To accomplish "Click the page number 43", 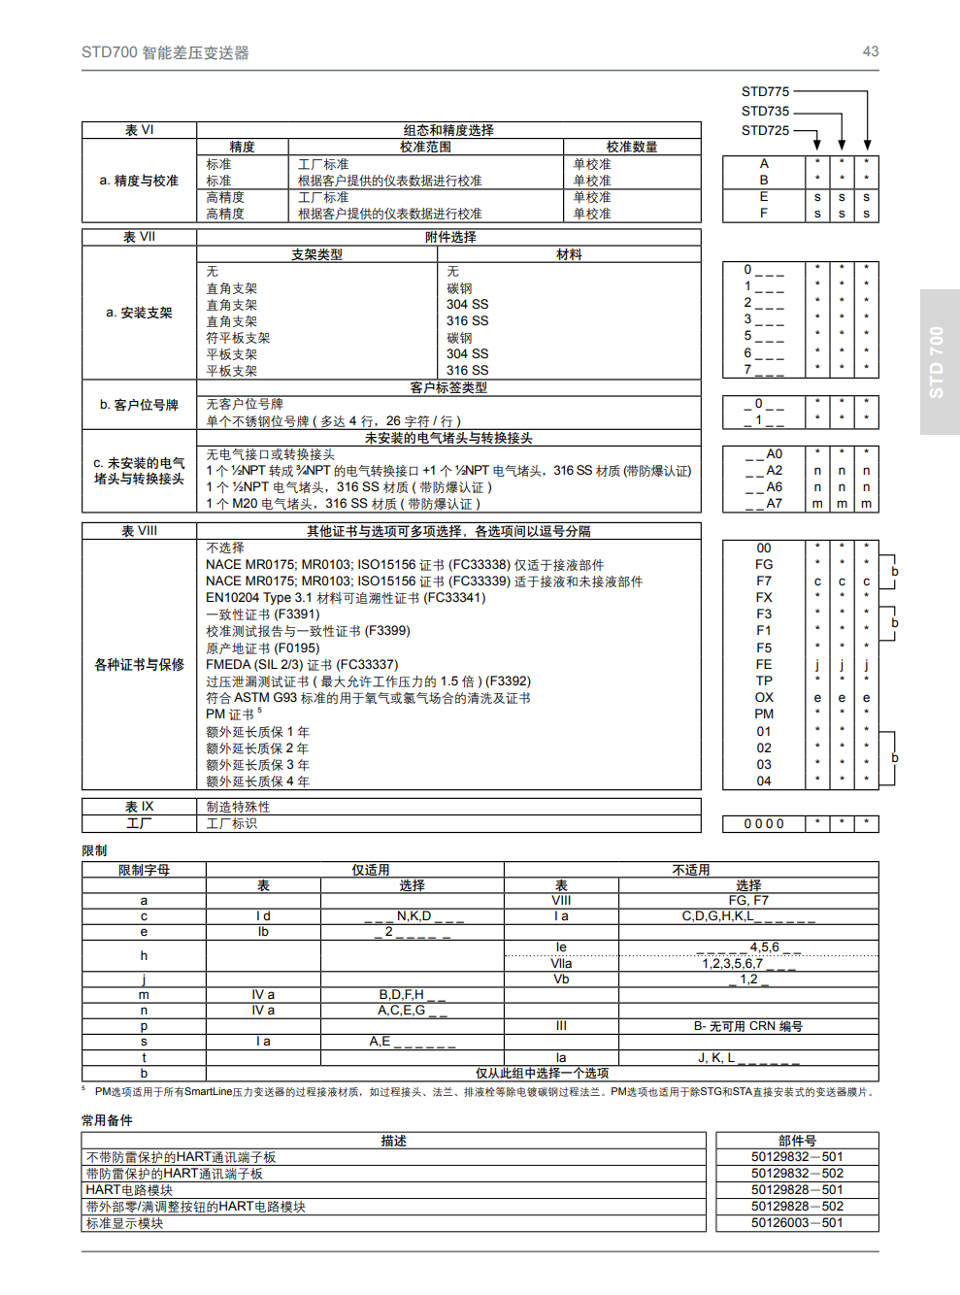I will [x=870, y=51].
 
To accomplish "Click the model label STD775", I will [x=765, y=92].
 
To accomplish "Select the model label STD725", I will [x=765, y=130].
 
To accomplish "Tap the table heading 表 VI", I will [x=139, y=130].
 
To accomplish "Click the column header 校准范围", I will [x=425, y=147].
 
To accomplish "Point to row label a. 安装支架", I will [x=139, y=313].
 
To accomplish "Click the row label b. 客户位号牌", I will [x=139, y=405].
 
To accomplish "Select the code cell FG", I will [x=764, y=564].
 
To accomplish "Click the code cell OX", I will [x=764, y=697].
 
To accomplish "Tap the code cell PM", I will [x=764, y=714].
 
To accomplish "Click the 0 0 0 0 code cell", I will [x=764, y=824].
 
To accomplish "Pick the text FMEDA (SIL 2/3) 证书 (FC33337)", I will [x=302, y=665].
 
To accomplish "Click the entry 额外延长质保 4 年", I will [x=257, y=781].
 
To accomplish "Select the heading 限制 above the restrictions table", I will [x=94, y=850].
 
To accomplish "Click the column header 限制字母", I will [x=144, y=870].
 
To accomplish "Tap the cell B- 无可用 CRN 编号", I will [x=747, y=1026].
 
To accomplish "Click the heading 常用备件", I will [x=107, y=1120].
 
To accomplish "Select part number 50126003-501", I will [x=797, y=1223].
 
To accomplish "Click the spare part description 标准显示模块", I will [x=124, y=1223].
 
